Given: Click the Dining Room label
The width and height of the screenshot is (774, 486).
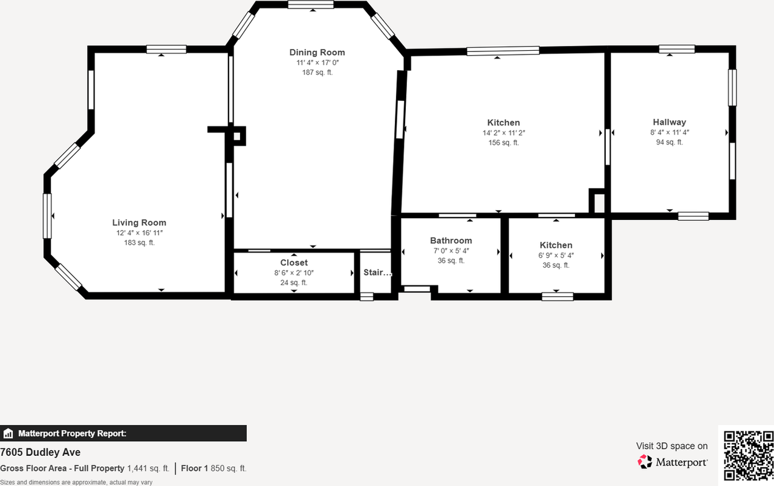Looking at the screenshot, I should [x=317, y=53].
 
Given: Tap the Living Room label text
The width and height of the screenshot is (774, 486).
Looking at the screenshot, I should [x=139, y=222].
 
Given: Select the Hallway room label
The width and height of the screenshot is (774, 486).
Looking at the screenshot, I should [x=669, y=122].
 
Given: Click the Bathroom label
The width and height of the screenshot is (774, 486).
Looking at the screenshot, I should [x=450, y=241].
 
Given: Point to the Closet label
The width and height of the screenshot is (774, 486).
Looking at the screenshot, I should [x=294, y=262].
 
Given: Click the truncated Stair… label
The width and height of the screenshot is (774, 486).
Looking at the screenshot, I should [x=377, y=273].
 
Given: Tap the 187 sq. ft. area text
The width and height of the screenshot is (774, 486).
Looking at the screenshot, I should [x=317, y=73].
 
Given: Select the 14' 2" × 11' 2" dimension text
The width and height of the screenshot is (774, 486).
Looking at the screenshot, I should [x=503, y=133].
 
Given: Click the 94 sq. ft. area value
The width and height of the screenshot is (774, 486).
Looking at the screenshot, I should [x=669, y=142].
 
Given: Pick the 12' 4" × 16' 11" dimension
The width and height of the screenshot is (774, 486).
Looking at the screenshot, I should [x=140, y=233].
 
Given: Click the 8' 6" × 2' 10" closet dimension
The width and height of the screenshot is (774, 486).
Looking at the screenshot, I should [x=294, y=273].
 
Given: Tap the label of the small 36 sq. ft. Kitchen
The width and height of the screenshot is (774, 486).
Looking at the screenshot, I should [x=556, y=245].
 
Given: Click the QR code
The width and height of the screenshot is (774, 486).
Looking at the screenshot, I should [x=748, y=455].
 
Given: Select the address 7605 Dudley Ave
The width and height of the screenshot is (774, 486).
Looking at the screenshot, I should [x=41, y=452].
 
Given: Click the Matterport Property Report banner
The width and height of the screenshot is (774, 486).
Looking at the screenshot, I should [x=123, y=433].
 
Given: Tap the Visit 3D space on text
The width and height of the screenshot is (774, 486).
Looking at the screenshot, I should [x=671, y=446].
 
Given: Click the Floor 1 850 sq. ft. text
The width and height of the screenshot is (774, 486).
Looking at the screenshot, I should [x=213, y=468].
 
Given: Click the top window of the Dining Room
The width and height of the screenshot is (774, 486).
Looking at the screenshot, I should [x=311, y=5].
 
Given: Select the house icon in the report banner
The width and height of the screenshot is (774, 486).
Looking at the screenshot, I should [x=8, y=433].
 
